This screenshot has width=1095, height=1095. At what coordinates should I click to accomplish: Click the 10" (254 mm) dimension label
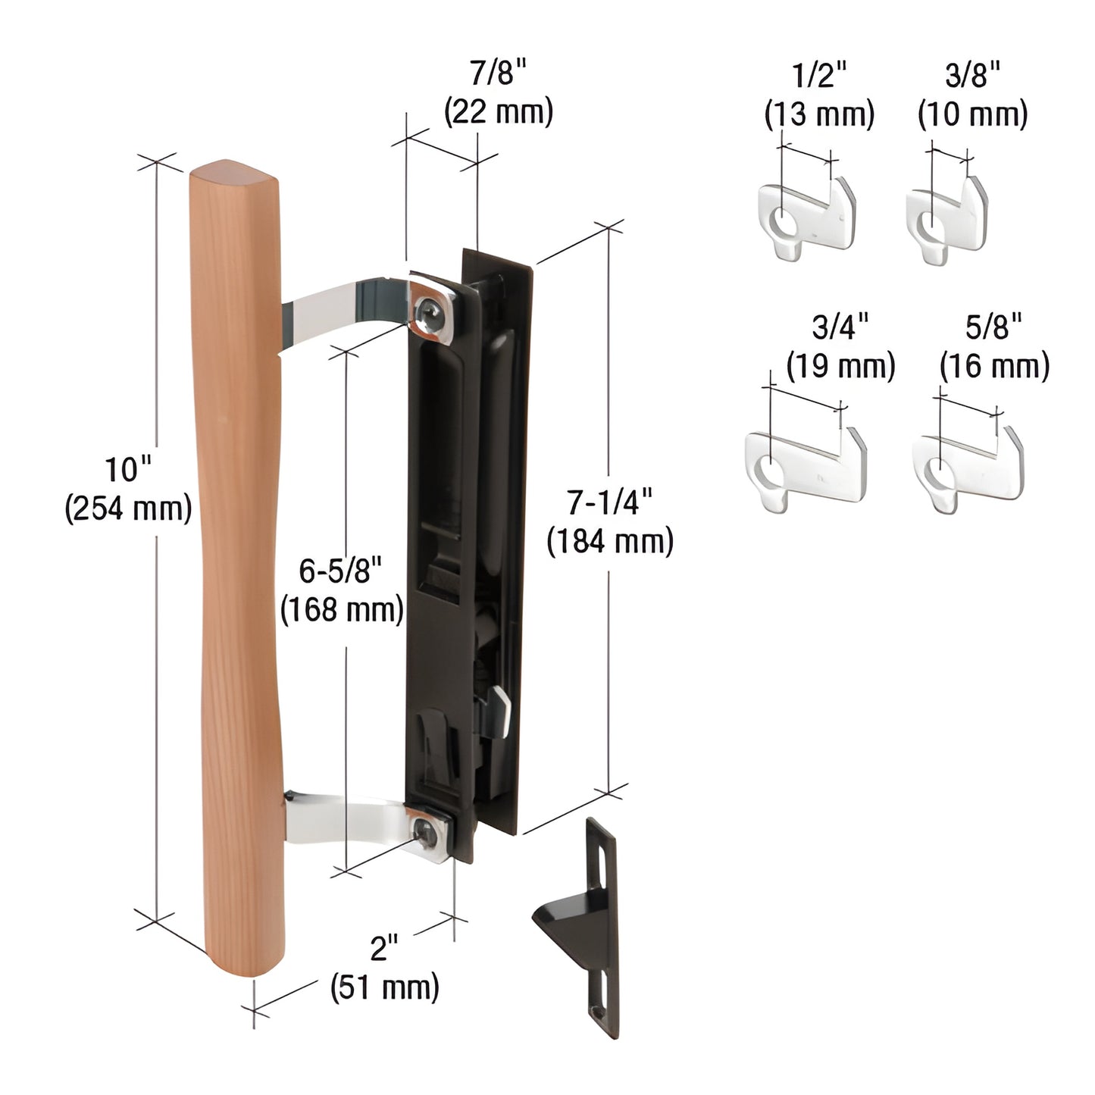click(x=127, y=490)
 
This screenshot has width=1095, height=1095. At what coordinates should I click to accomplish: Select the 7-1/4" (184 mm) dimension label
click(x=610, y=521)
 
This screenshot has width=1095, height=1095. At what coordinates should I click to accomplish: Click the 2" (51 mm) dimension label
click(x=385, y=968)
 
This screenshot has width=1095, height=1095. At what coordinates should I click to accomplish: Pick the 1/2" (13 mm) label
click(x=819, y=95)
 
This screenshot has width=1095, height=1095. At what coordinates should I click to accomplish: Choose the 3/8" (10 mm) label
click(x=972, y=95)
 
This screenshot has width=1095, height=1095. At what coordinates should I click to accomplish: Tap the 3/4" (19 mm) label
click(x=840, y=347)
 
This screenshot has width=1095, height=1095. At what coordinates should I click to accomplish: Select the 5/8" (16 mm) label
click(x=994, y=347)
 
